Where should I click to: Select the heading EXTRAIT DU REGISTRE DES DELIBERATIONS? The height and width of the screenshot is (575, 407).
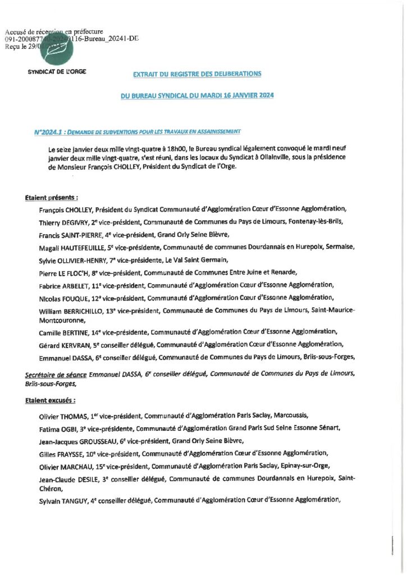(x=196, y=74)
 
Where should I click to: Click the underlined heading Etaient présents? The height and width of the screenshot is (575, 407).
(x=52, y=198)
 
